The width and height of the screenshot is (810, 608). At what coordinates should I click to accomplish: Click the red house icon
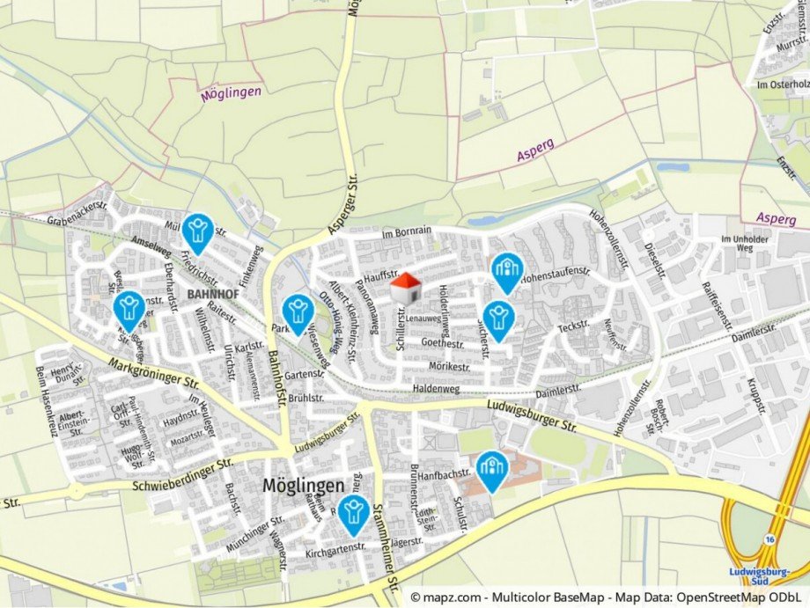[x=405, y=288]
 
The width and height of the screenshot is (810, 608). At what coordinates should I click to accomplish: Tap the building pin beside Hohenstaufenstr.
[x=506, y=271]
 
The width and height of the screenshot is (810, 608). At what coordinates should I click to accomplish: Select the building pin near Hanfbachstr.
[x=491, y=469]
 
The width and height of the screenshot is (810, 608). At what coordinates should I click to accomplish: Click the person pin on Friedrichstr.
[x=198, y=232]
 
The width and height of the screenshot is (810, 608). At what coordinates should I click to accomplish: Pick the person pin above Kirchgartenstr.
[x=354, y=513]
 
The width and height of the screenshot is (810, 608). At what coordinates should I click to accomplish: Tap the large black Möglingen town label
[x=303, y=485]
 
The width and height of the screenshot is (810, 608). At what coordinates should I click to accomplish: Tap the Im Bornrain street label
[x=407, y=231]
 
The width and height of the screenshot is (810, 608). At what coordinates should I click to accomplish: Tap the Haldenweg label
[x=437, y=388]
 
